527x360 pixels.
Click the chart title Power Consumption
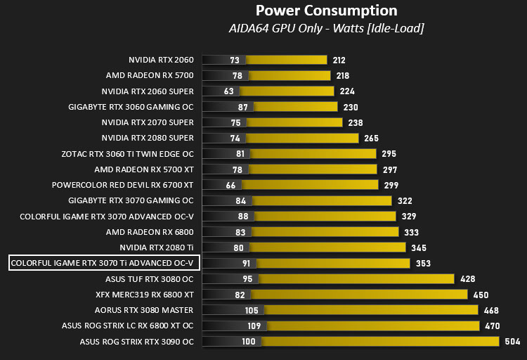326,11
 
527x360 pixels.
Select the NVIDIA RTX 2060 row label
161,60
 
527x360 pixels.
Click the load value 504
512,342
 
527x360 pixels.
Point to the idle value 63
228,91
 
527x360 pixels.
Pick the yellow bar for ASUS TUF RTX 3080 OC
356,279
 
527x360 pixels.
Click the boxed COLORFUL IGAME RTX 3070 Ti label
104,263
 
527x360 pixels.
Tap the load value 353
423,264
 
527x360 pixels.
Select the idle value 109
254,326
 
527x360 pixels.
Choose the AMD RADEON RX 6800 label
150,232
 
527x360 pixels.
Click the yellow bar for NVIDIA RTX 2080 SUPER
302,139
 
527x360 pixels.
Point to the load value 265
371,139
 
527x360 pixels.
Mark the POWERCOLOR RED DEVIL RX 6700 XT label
123,185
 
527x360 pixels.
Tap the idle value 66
230,186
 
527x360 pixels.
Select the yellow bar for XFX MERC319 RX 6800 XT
359,295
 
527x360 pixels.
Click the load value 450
481,295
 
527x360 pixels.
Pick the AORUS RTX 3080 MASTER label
144,310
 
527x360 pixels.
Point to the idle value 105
252,310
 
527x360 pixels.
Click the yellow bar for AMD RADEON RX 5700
289,76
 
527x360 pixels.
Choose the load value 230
351,108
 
